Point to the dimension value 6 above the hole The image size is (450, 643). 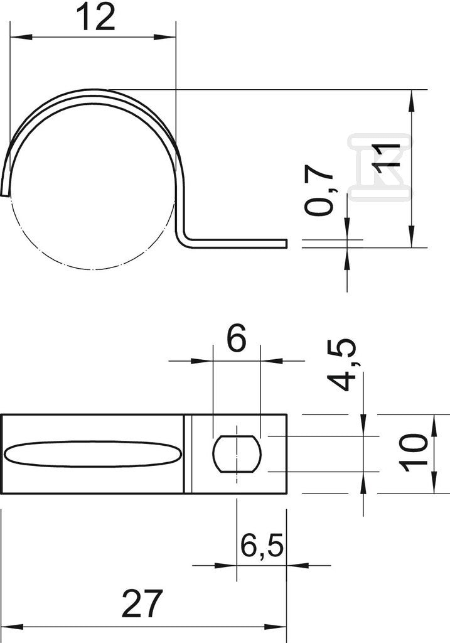pos(237,338)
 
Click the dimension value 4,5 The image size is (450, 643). pos(342,365)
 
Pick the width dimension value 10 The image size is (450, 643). pos(414,453)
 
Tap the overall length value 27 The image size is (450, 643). pos(142,603)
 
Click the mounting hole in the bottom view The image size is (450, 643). pos(237,453)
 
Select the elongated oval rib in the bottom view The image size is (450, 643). pos(93,454)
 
